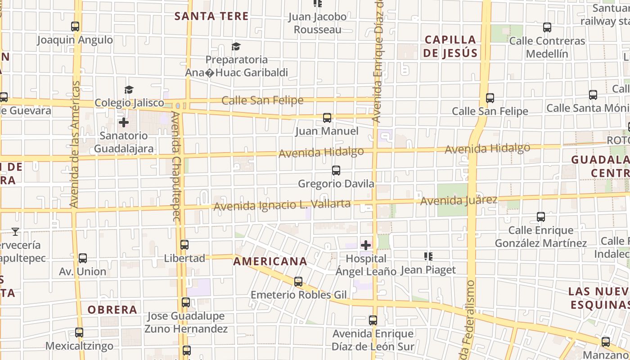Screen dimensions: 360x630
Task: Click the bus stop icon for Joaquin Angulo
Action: pyautogui.click(x=75, y=27)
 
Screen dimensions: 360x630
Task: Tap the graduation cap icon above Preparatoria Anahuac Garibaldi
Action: pyautogui.click(x=236, y=46)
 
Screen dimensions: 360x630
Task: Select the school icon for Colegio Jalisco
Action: pyautogui.click(x=129, y=90)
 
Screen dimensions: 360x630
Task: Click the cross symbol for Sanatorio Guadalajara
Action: pyautogui.click(x=124, y=122)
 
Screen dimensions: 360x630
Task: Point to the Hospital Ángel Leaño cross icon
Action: pyautogui.click(x=366, y=245)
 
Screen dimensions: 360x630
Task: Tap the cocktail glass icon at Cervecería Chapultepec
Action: pyautogui.click(x=15, y=232)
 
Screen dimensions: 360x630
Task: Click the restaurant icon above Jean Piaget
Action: pyautogui.click(x=428, y=256)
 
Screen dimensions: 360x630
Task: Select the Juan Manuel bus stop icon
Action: pyautogui.click(x=327, y=118)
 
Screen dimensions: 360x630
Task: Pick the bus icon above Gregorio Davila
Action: pyautogui.click(x=336, y=171)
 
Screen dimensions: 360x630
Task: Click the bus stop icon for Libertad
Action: pyautogui.click(x=184, y=245)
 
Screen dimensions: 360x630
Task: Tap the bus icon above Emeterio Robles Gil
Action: pyautogui.click(x=298, y=282)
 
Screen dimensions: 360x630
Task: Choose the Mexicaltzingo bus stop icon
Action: pyautogui.click(x=79, y=333)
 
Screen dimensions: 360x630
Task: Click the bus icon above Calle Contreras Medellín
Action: pyautogui.click(x=547, y=27)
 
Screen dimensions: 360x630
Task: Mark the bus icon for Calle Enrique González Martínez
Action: pyautogui.click(x=541, y=217)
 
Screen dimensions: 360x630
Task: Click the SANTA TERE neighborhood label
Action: pyautogui.click(x=211, y=16)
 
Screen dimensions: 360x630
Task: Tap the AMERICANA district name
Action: pyautogui.click(x=270, y=261)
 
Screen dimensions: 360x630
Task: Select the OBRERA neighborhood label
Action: pyautogui.click(x=112, y=310)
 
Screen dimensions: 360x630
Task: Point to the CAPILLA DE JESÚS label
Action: pyautogui.click(x=450, y=46)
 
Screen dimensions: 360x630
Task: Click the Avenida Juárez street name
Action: pyautogui.click(x=459, y=200)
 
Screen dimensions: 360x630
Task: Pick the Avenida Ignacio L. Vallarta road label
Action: pyautogui.click(x=282, y=205)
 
